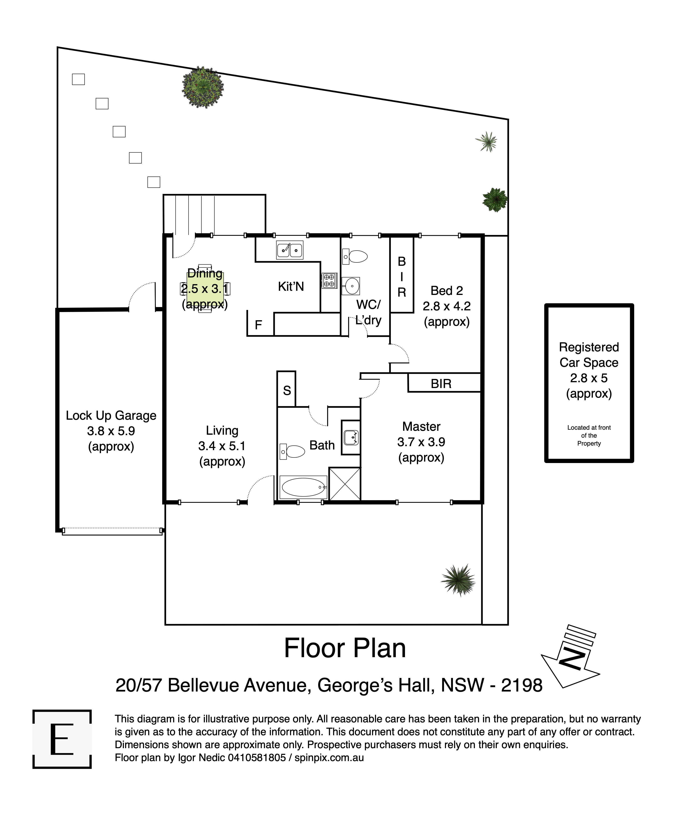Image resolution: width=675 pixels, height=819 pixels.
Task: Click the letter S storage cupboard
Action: [287, 391]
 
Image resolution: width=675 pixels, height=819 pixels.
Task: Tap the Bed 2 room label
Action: [447, 291]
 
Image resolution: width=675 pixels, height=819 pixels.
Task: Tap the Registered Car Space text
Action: [589, 355]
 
